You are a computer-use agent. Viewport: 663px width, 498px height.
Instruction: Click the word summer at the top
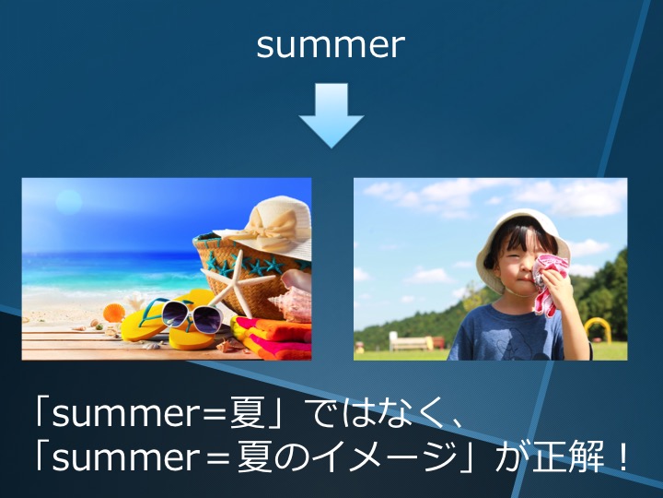(331, 44)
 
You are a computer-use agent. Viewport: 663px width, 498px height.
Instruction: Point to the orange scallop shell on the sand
(113, 313)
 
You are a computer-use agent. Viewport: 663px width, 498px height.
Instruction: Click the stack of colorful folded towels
(272, 338)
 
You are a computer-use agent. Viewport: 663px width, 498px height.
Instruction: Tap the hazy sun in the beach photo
(68, 202)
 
